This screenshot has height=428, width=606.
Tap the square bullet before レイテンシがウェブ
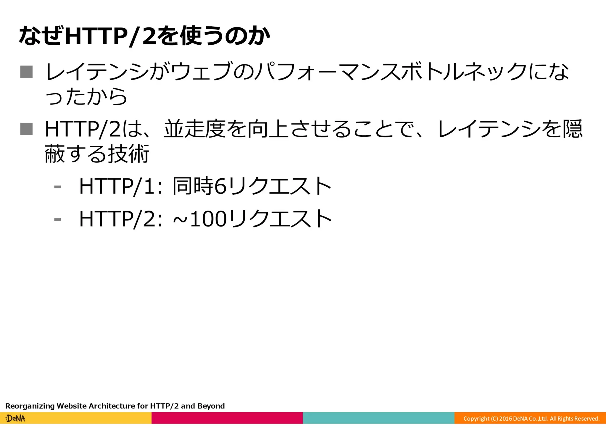(26, 72)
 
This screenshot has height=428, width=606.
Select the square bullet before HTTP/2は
(26, 129)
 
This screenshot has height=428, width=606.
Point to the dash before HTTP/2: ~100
(57, 219)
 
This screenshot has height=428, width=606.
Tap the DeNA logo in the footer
(15, 418)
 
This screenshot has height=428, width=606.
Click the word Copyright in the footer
(476, 419)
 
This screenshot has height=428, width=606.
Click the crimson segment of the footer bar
(227, 418)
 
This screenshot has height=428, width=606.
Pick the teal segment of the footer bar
(378, 418)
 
